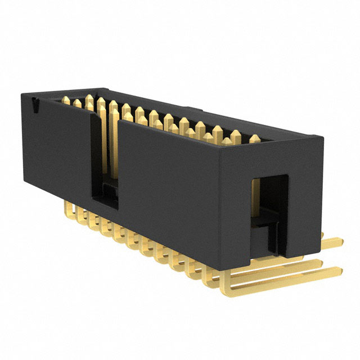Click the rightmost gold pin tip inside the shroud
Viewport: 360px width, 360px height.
(x=257, y=138)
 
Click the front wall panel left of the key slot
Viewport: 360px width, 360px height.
(x=56, y=146)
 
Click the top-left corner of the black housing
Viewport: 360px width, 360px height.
(x=24, y=93)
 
